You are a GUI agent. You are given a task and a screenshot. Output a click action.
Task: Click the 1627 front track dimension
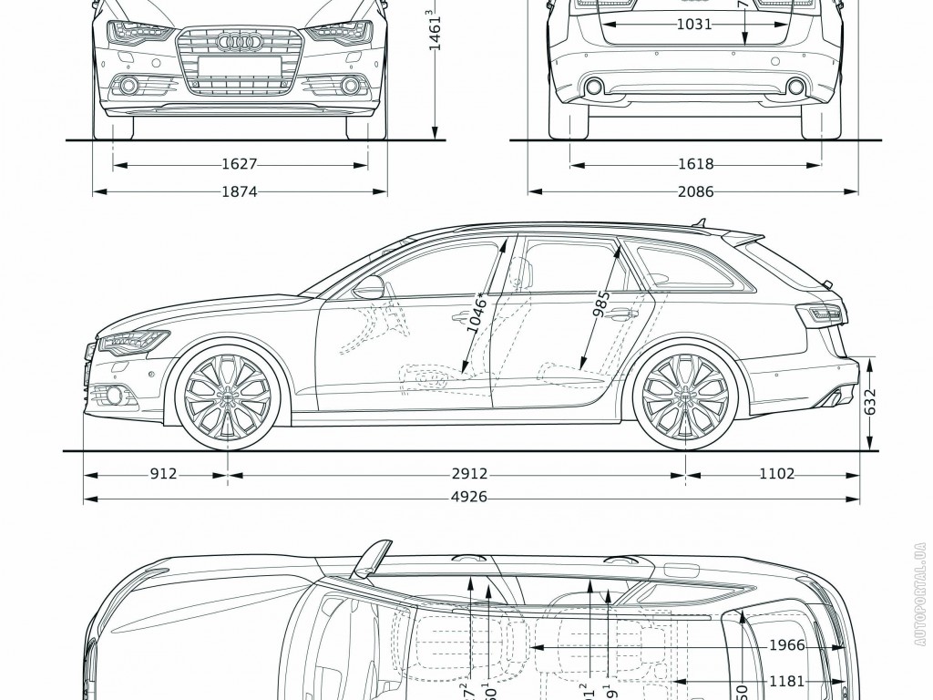click(x=239, y=165)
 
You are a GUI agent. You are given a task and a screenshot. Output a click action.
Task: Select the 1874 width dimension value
click(x=239, y=191)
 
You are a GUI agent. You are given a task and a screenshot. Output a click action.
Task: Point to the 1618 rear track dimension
click(x=695, y=165)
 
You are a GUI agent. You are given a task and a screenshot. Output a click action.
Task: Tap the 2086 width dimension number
click(x=695, y=191)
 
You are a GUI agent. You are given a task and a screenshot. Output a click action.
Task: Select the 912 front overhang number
click(x=164, y=474)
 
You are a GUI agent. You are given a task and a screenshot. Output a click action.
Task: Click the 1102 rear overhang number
click(x=776, y=474)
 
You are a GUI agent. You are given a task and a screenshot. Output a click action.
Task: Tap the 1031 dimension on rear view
click(x=694, y=25)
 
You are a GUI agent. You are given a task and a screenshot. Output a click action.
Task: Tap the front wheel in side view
click(x=227, y=396)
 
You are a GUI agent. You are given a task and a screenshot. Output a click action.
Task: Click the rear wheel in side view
click(x=685, y=396)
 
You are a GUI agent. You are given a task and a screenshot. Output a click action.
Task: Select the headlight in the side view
click(x=132, y=343)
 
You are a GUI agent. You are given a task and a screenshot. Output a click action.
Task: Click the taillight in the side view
click(x=822, y=314)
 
